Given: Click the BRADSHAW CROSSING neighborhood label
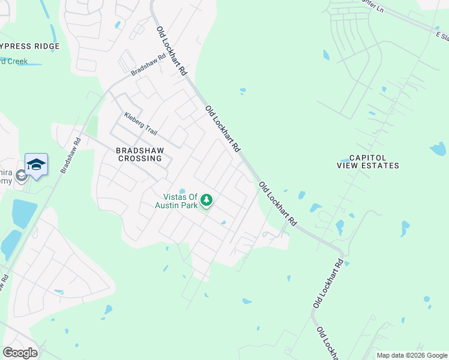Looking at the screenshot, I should pyautogui.click(x=139, y=155).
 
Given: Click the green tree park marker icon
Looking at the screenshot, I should pyautogui.click(x=206, y=200).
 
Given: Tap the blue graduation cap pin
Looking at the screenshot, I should pyautogui.click(x=36, y=164).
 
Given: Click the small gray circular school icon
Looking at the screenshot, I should pyautogui.click(x=21, y=176).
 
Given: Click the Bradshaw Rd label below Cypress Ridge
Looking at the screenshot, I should pyautogui.click(x=148, y=65).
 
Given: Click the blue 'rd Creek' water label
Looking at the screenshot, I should pyautogui.click(x=13, y=61).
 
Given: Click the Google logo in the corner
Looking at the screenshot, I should pyautogui.click(x=20, y=352).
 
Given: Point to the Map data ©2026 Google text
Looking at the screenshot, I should pyautogui.click(x=412, y=355).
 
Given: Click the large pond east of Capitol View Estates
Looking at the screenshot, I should pyautogui.click(x=438, y=148).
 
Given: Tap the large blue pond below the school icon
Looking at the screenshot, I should pyautogui.click(x=24, y=213).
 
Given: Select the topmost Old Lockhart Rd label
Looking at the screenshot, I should pyautogui.click(x=172, y=50).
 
